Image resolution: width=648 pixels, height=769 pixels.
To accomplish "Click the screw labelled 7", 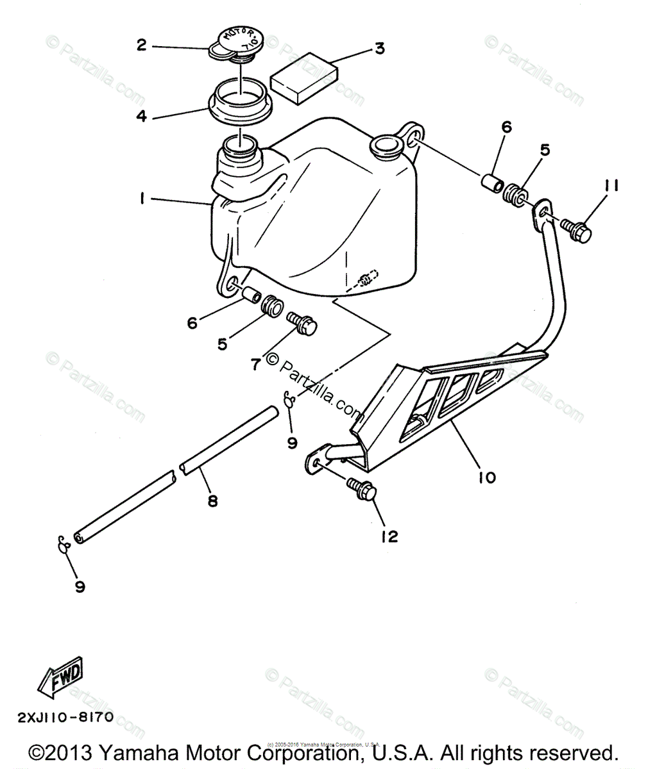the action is (x=303, y=324).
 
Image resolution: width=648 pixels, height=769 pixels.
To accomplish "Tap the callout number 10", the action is (x=488, y=477).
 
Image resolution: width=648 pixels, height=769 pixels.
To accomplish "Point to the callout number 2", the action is (x=141, y=44).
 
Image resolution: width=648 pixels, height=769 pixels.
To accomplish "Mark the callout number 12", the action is (x=389, y=536).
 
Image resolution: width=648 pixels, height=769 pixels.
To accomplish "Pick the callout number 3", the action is (x=380, y=48).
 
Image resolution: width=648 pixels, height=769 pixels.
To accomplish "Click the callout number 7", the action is (x=255, y=364).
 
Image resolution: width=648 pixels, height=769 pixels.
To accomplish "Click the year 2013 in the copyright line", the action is (x=72, y=752).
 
